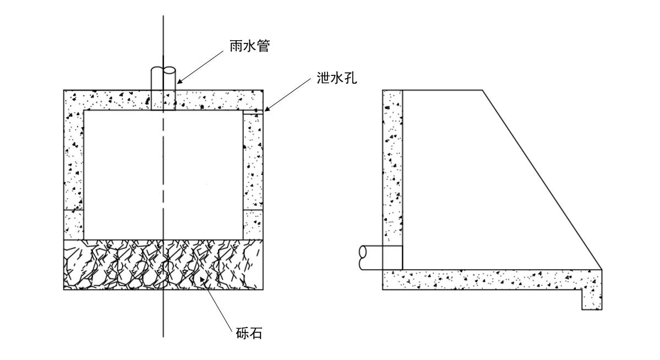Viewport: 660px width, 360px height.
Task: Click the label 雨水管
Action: coord(249,46)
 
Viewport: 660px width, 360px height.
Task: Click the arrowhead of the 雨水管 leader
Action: coord(179,83)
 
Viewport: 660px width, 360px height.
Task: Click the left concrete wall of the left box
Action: coord(74,165)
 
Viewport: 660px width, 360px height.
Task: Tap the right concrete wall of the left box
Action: coord(253,165)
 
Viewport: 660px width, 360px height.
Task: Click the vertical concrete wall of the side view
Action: coord(392,165)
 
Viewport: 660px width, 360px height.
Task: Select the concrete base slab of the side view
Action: coord(484,279)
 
